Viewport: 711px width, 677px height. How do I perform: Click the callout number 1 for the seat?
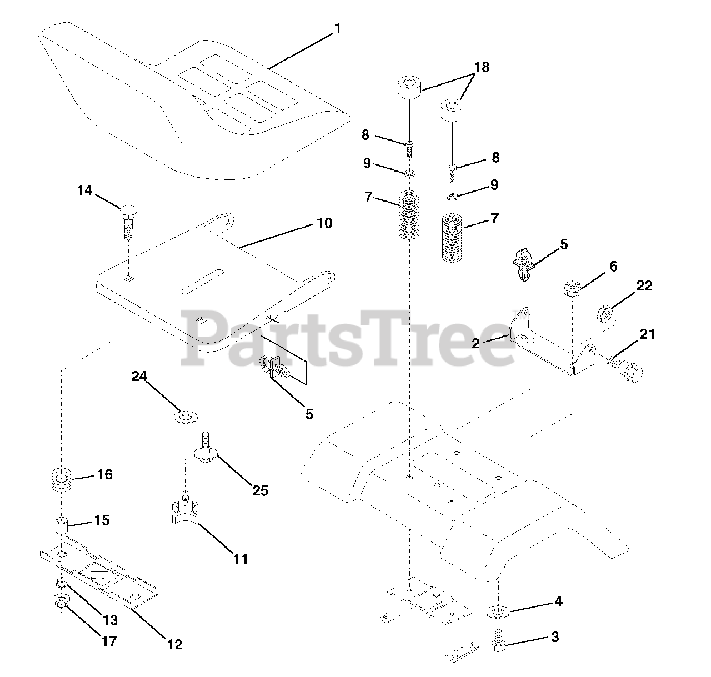[x=337, y=28]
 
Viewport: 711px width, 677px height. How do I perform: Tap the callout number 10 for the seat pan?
[x=324, y=223]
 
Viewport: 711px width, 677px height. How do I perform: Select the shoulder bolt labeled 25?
[x=206, y=450]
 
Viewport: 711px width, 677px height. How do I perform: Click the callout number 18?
[x=481, y=67]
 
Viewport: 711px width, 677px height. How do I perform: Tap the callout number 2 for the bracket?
[x=475, y=343]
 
